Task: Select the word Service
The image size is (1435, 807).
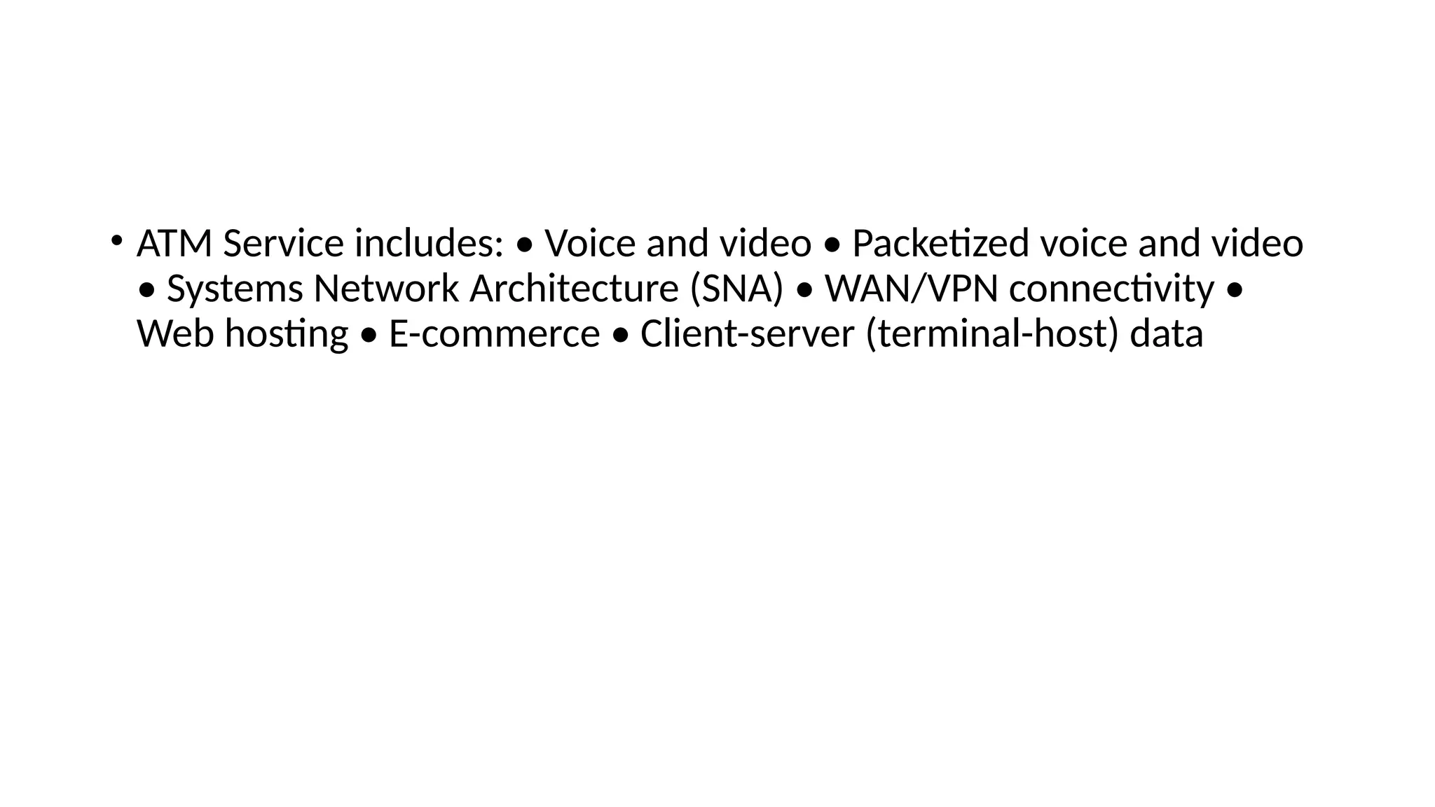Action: click(283, 244)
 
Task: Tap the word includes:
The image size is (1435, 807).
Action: click(429, 244)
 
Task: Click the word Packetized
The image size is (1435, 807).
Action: click(940, 244)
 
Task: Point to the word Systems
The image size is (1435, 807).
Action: click(235, 289)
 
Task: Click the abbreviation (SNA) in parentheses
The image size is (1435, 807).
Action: click(736, 289)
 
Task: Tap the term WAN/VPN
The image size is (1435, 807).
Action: click(911, 289)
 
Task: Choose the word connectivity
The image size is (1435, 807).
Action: click(1111, 289)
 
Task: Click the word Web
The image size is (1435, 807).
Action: click(175, 333)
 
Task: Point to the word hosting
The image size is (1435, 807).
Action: click(287, 333)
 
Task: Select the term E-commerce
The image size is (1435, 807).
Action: click(494, 333)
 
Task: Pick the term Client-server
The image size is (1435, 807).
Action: click(747, 333)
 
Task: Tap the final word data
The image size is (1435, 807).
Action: click(1167, 333)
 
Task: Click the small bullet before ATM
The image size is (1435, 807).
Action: click(115, 240)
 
